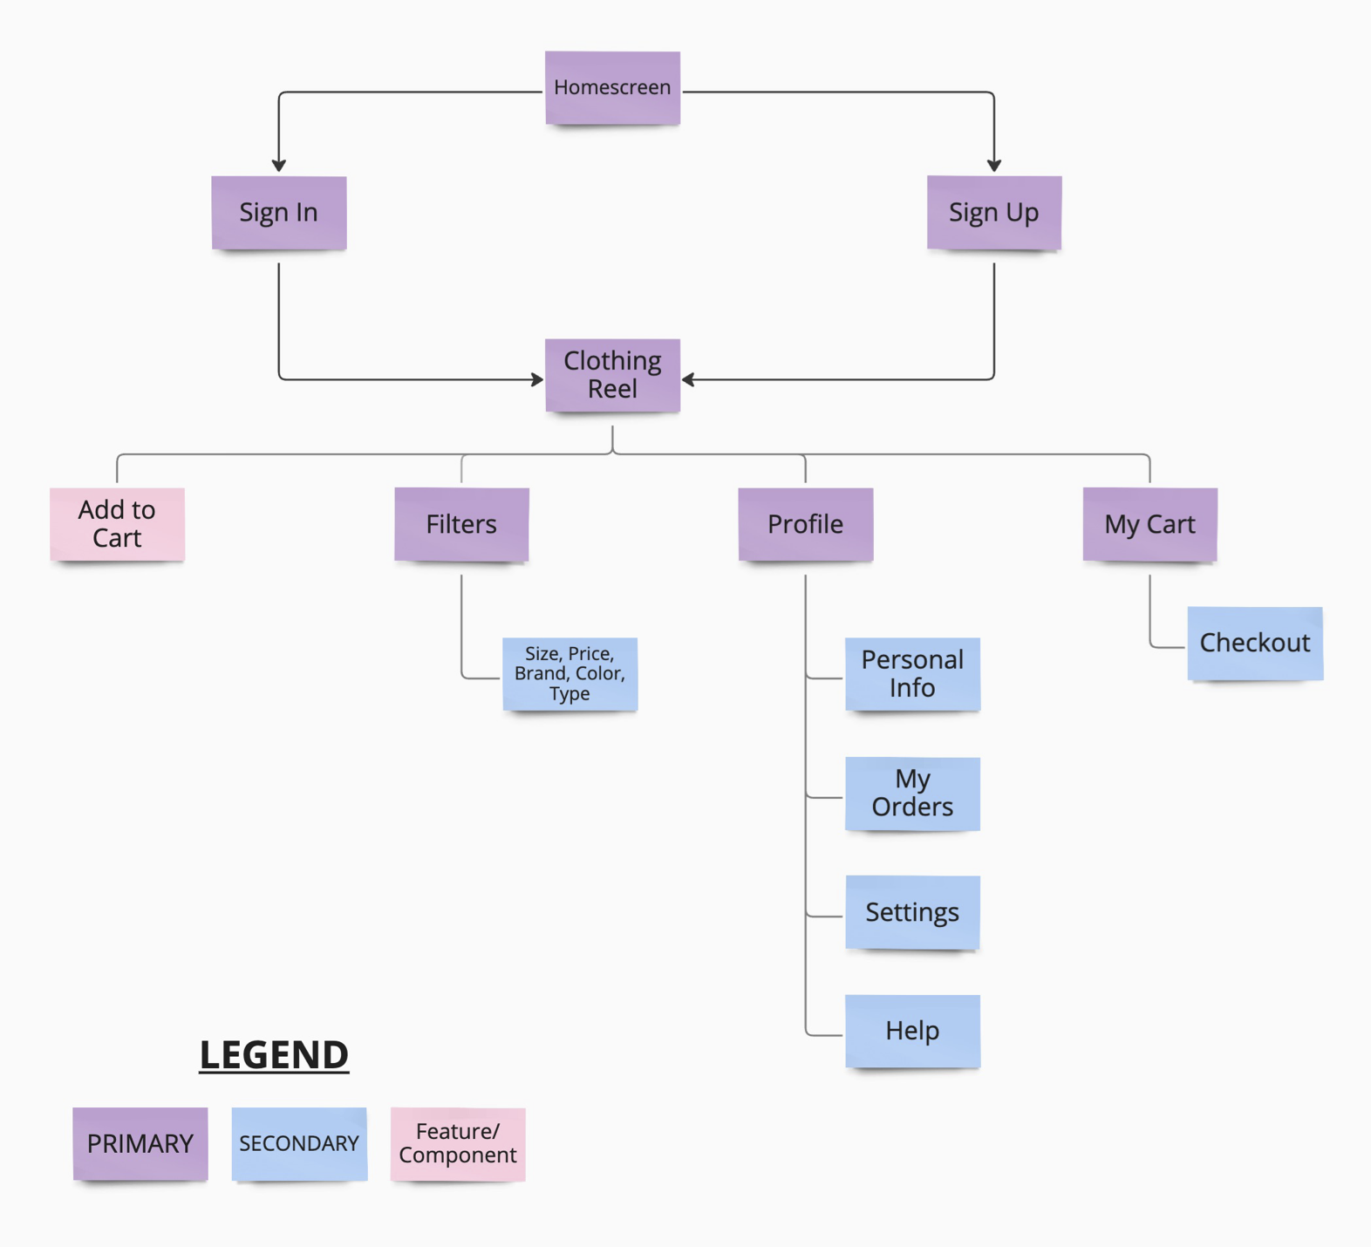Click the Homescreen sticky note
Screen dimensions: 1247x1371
[x=612, y=87]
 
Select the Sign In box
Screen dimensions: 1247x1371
[x=279, y=213]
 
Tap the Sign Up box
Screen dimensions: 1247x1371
[x=994, y=213]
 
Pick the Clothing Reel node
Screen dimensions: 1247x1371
[x=612, y=375]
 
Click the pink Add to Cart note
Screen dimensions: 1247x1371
[x=117, y=523]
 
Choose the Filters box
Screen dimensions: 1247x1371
[x=461, y=524]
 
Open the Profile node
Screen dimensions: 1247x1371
[x=806, y=524]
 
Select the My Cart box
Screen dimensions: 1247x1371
[x=1149, y=524]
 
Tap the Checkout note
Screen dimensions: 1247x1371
[x=1255, y=643]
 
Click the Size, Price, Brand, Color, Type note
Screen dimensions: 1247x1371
[x=570, y=673]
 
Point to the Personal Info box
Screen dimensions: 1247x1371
[x=912, y=673]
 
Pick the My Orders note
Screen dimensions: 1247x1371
[x=912, y=793]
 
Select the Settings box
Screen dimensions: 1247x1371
[x=912, y=912]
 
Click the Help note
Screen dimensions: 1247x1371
[x=912, y=1031]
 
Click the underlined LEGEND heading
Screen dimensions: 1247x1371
[x=274, y=1054]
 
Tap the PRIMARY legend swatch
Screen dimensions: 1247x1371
[x=140, y=1143]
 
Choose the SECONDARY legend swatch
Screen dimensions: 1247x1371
[x=299, y=1143]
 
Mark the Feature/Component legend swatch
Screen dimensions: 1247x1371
[x=458, y=1143]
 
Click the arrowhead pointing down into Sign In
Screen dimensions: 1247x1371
[x=279, y=165]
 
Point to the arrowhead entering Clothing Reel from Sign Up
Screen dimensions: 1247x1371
[x=688, y=379]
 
